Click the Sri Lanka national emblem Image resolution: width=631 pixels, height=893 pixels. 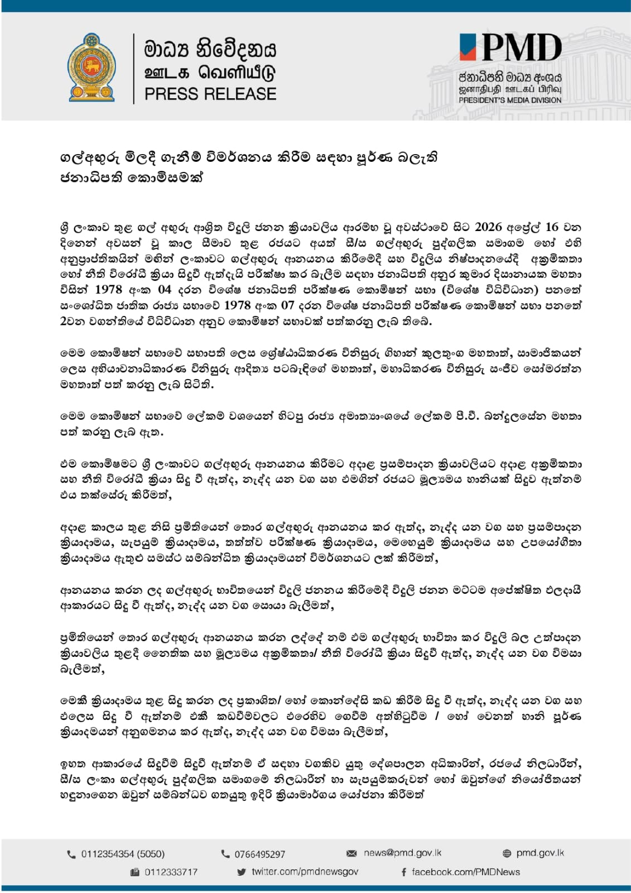click(x=92, y=68)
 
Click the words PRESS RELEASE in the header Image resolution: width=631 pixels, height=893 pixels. click(x=210, y=94)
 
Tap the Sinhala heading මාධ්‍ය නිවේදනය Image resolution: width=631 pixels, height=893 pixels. click(x=210, y=49)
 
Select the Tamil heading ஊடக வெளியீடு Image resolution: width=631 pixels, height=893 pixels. click(x=210, y=73)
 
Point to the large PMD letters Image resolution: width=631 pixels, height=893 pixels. click(x=521, y=47)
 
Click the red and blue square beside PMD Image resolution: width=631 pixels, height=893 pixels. click(x=468, y=47)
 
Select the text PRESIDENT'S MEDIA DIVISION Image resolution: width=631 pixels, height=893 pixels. click(x=510, y=100)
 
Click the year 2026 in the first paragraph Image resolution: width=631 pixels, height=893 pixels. click(x=488, y=227)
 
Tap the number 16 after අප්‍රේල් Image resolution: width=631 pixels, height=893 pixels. click(x=551, y=227)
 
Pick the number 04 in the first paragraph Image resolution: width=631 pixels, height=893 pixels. click(x=165, y=290)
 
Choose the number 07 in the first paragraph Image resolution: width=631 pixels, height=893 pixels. click(x=287, y=305)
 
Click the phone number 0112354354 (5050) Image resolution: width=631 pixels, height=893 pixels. click(x=123, y=854)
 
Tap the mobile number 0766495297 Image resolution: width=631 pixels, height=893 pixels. click(x=259, y=854)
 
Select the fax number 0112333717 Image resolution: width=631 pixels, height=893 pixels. click(x=171, y=872)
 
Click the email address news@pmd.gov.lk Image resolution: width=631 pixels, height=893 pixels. click(x=402, y=853)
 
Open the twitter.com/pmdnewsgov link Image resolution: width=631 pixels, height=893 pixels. click(x=305, y=872)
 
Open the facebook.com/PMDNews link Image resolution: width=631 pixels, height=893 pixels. click(x=465, y=872)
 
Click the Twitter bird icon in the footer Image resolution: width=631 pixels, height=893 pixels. click(x=242, y=872)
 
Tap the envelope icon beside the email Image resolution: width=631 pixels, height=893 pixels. click(x=351, y=853)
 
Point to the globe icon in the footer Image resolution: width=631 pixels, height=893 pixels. click(x=507, y=853)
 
